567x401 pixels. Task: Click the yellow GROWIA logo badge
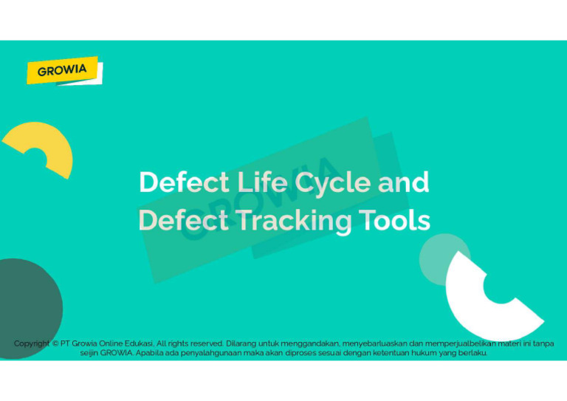63,70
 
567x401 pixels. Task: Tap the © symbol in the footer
56,343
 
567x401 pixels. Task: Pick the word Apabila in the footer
152,353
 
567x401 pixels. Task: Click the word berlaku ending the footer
472,353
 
